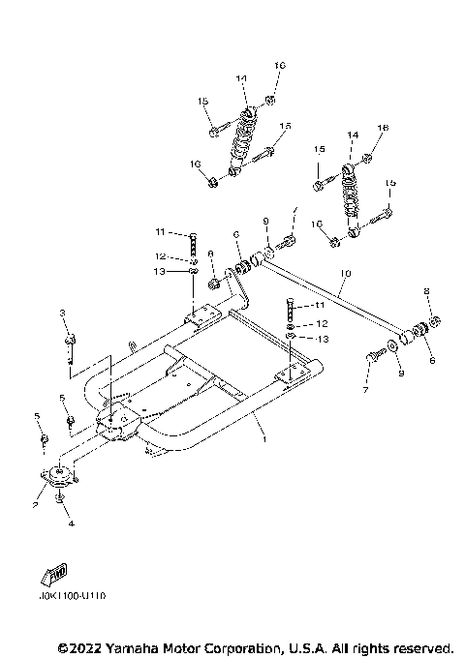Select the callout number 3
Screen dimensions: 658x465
tap(61, 313)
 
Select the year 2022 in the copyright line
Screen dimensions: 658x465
tap(82, 646)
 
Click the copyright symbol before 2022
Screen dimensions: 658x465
tap(62, 646)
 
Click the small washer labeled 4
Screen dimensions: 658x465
tap(60, 498)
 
